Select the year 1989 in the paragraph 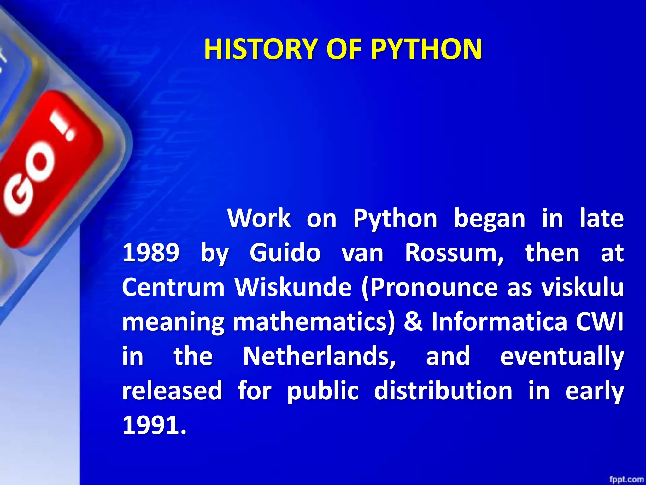pos(151,253)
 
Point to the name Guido pos(285,253)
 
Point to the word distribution pos(443,391)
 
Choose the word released pos(172,391)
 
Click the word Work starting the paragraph pos(259,218)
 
